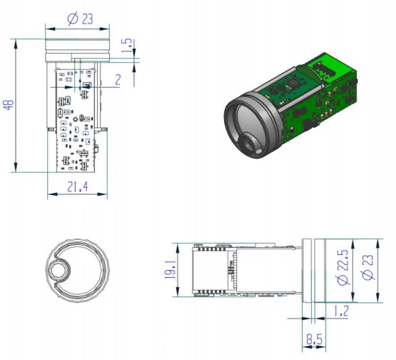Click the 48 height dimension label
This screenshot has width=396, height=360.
pyautogui.click(x=9, y=105)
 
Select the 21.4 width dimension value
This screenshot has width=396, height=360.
pyautogui.click(x=78, y=187)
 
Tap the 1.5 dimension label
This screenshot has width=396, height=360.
pyautogui.click(x=127, y=46)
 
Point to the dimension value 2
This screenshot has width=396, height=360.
pyautogui.click(x=118, y=80)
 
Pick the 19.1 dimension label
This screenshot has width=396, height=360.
pyautogui.click(x=171, y=270)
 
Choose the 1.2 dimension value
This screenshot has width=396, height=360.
pyautogui.click(x=342, y=311)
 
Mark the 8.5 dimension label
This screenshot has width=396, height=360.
pyautogui.click(x=315, y=339)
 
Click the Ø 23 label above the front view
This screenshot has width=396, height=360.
pyautogui.click(x=81, y=19)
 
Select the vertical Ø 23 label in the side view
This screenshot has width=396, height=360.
pyautogui.click(x=367, y=267)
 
